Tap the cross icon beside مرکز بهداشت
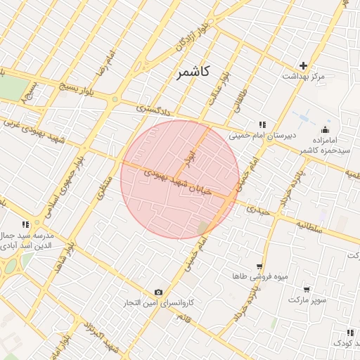[x=304, y=65]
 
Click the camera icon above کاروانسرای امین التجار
[x=158, y=292]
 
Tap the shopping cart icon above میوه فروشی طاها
[x=259, y=266]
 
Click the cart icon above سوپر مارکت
[x=307, y=289]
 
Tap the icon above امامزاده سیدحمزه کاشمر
[x=324, y=129]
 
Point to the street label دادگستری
[x=153, y=109]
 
